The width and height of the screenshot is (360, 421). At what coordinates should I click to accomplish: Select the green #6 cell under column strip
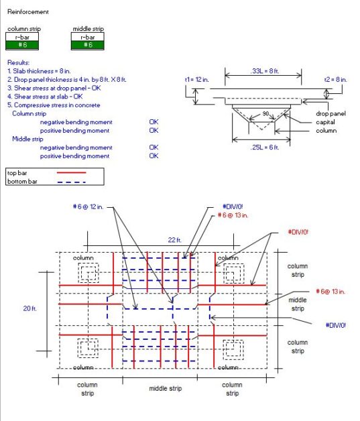pos(22,45)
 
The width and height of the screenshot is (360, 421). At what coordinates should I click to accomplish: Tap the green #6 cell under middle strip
pos(87,45)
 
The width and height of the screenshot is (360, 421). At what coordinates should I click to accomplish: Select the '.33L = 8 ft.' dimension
pos(252,70)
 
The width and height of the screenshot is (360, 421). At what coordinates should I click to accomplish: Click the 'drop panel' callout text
pos(331,114)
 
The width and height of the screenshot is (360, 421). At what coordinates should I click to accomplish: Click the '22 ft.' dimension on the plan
pos(174,239)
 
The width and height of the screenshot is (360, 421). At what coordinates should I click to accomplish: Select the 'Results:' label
pos(19,62)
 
